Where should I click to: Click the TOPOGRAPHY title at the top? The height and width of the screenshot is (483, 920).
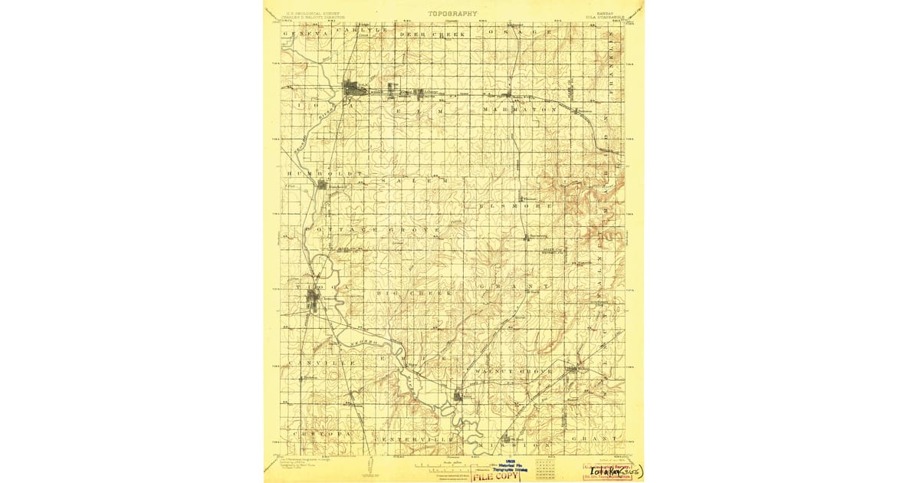click(x=452, y=13)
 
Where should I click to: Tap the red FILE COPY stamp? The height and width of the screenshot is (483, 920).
click(x=494, y=476)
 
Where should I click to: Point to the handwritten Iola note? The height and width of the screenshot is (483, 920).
click(x=614, y=470)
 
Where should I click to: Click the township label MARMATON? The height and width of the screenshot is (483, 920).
click(x=519, y=110)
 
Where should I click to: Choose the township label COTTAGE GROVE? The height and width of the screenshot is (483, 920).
click(x=374, y=229)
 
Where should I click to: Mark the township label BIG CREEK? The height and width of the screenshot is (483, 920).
click(x=415, y=293)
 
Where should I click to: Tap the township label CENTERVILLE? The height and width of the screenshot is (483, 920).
click(x=415, y=439)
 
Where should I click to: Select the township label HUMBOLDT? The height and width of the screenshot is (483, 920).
click(x=315, y=173)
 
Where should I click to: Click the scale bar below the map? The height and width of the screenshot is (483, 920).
click(x=452, y=465)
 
